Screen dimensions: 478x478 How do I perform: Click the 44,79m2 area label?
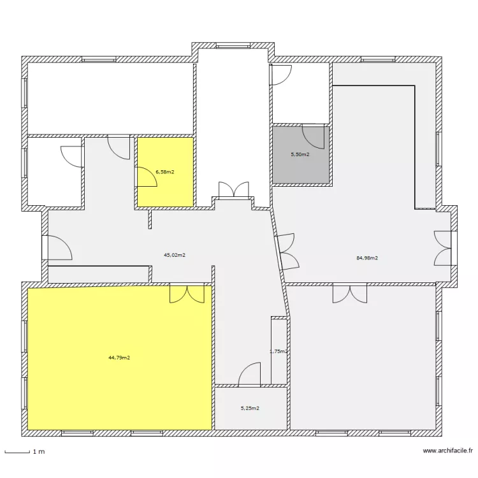[119, 358]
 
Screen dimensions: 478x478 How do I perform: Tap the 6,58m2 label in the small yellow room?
[165, 172]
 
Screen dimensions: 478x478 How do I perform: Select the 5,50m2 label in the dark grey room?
[300, 154]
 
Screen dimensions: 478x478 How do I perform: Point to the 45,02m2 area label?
[175, 255]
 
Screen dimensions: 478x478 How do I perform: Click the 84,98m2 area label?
[367, 258]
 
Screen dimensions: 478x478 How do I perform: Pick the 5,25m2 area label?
[250, 408]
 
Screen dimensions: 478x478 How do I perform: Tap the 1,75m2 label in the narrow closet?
[279, 351]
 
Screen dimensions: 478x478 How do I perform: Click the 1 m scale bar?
[17, 451]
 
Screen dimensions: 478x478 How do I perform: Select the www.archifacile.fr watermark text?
[448, 451]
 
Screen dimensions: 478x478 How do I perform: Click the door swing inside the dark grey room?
[313, 136]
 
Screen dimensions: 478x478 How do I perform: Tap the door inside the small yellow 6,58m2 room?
[147, 177]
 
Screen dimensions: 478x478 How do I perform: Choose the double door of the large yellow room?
[187, 294]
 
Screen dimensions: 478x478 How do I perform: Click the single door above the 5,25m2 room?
[250, 374]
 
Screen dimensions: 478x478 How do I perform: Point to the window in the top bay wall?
[233, 46]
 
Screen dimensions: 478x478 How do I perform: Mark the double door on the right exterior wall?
[442, 248]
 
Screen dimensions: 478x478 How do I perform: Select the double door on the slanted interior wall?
[287, 252]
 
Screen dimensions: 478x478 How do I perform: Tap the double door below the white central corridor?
[233, 189]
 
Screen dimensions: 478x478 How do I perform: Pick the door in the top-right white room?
[281, 75]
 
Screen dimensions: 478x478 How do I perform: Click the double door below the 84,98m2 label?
[350, 293]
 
